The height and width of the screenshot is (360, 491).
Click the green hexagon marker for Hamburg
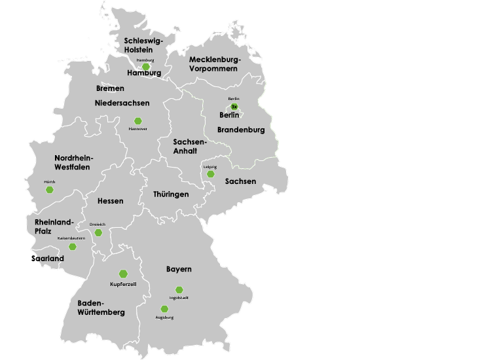tap(146, 67)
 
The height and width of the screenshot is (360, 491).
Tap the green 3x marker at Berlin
tap(234, 107)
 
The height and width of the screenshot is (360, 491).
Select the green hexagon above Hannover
tap(138, 121)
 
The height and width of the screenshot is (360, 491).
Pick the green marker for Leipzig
tap(210, 174)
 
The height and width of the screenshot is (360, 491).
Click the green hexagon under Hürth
tap(50, 190)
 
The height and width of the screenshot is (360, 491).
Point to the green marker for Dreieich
tap(98, 232)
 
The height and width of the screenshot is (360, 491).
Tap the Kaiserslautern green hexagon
tap(73, 247)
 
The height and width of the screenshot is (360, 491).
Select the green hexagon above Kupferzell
tap(123, 274)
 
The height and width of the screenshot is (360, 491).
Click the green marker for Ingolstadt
tap(179, 290)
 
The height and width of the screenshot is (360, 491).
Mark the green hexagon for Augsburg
tap(164, 309)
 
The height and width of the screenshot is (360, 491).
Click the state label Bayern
tap(179, 269)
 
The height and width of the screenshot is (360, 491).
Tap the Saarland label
tap(48, 259)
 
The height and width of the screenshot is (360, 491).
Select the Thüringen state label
tap(171, 194)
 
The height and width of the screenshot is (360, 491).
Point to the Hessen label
tap(110, 201)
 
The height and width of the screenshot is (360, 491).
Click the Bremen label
tap(110, 88)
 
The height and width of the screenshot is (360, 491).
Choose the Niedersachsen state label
tap(122, 103)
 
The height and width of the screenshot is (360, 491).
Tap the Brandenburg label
tap(241, 130)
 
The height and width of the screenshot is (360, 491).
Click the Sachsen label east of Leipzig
tap(240, 181)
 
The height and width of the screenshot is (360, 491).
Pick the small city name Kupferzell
tap(123, 285)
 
